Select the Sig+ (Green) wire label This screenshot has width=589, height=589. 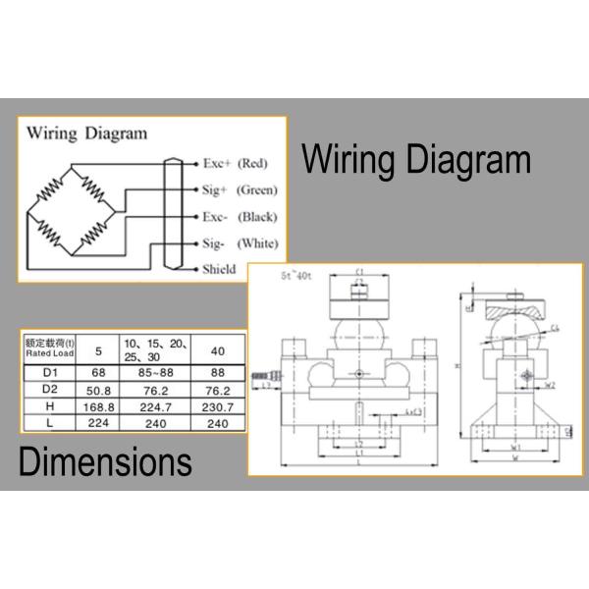240,189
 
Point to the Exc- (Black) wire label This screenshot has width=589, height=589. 239,217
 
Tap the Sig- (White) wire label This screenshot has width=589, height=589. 240,243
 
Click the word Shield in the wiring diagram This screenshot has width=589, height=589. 219,269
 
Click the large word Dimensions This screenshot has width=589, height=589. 105,461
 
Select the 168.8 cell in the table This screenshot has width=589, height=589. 98,406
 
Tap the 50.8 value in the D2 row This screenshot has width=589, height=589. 98,390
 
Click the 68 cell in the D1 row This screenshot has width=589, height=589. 98,372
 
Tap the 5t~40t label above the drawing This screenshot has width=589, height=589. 295,277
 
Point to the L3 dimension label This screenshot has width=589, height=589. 268,387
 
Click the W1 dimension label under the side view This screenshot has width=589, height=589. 515,449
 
